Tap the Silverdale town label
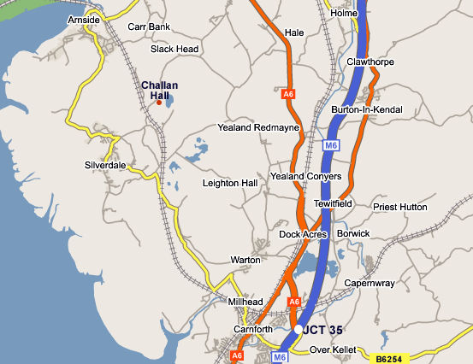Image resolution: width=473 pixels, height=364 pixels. (x=105, y=164)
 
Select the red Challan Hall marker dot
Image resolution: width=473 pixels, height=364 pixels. (x=158, y=103)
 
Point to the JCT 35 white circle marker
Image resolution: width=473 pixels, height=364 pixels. (x=298, y=328)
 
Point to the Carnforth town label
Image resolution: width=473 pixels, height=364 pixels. (x=252, y=328)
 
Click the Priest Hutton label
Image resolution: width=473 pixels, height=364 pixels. (x=399, y=206)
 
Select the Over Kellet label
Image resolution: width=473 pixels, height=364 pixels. (x=330, y=349)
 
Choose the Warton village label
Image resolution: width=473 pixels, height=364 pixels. (x=245, y=259)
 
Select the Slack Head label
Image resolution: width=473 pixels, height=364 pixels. (x=174, y=49)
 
